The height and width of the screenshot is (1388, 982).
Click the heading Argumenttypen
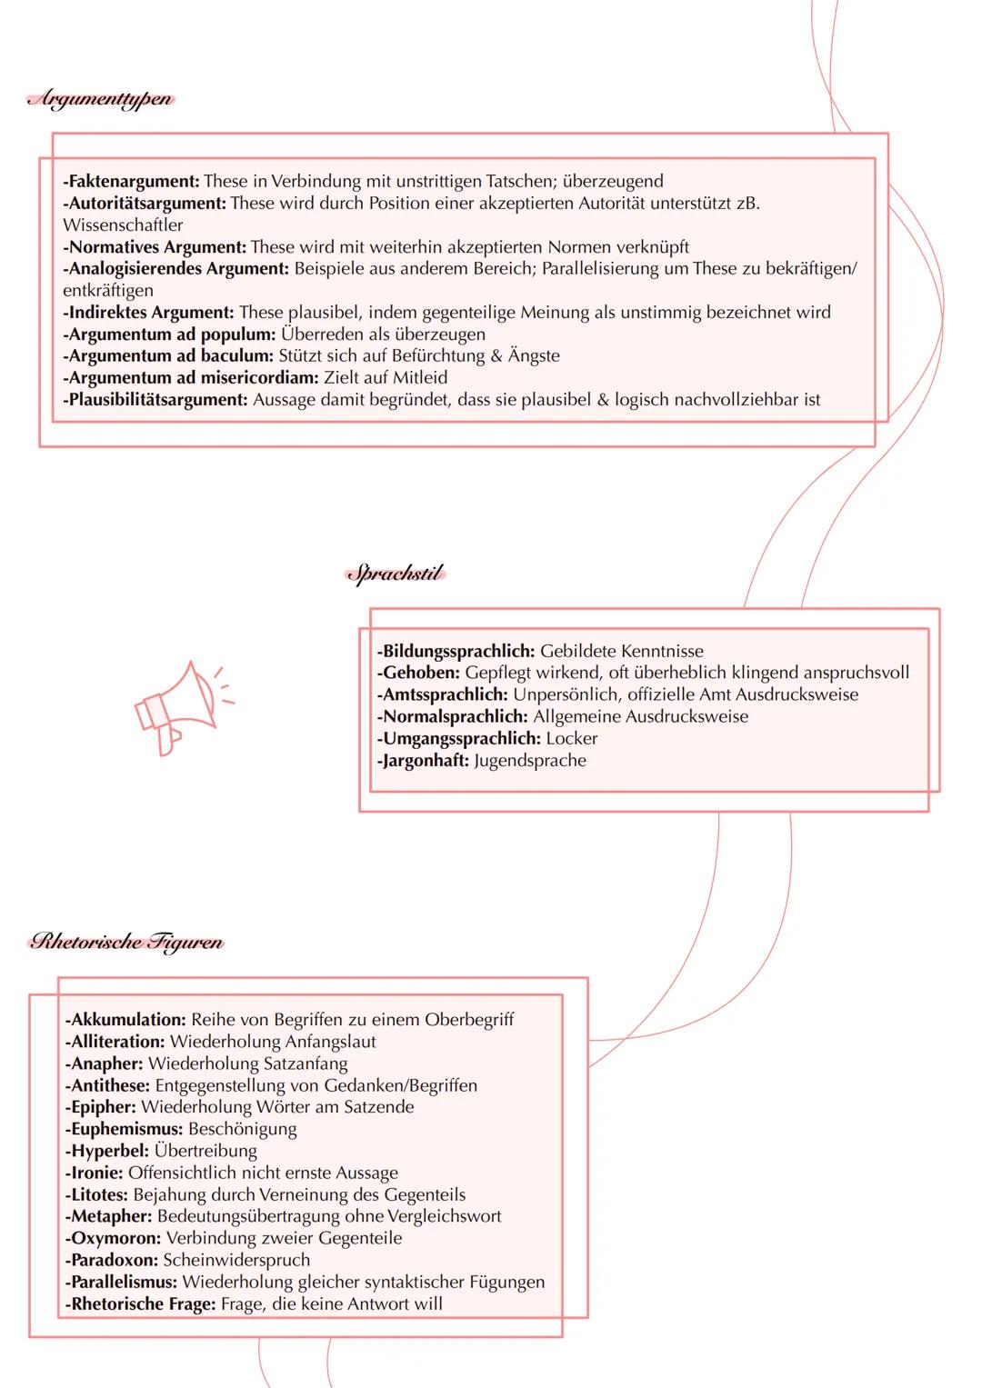point(100,99)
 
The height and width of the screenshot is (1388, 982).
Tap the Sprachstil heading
point(396,574)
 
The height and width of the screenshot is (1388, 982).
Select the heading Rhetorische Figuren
point(126,942)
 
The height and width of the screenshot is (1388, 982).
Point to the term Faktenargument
point(132,181)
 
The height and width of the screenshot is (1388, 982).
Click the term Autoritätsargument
point(145,203)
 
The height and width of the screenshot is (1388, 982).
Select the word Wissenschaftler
point(123,225)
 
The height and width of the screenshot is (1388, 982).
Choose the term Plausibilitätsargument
point(155,399)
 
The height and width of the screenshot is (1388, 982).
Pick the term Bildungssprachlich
point(456,651)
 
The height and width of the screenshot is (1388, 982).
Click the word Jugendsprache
point(530,760)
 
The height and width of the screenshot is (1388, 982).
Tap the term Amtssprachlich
point(442,694)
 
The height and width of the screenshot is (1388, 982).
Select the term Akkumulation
point(125,1019)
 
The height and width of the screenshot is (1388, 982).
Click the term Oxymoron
point(113,1238)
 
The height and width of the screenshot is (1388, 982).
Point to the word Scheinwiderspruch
point(236,1260)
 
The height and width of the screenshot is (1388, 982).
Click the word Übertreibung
point(205,1151)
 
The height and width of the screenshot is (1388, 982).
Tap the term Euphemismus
point(124,1129)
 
